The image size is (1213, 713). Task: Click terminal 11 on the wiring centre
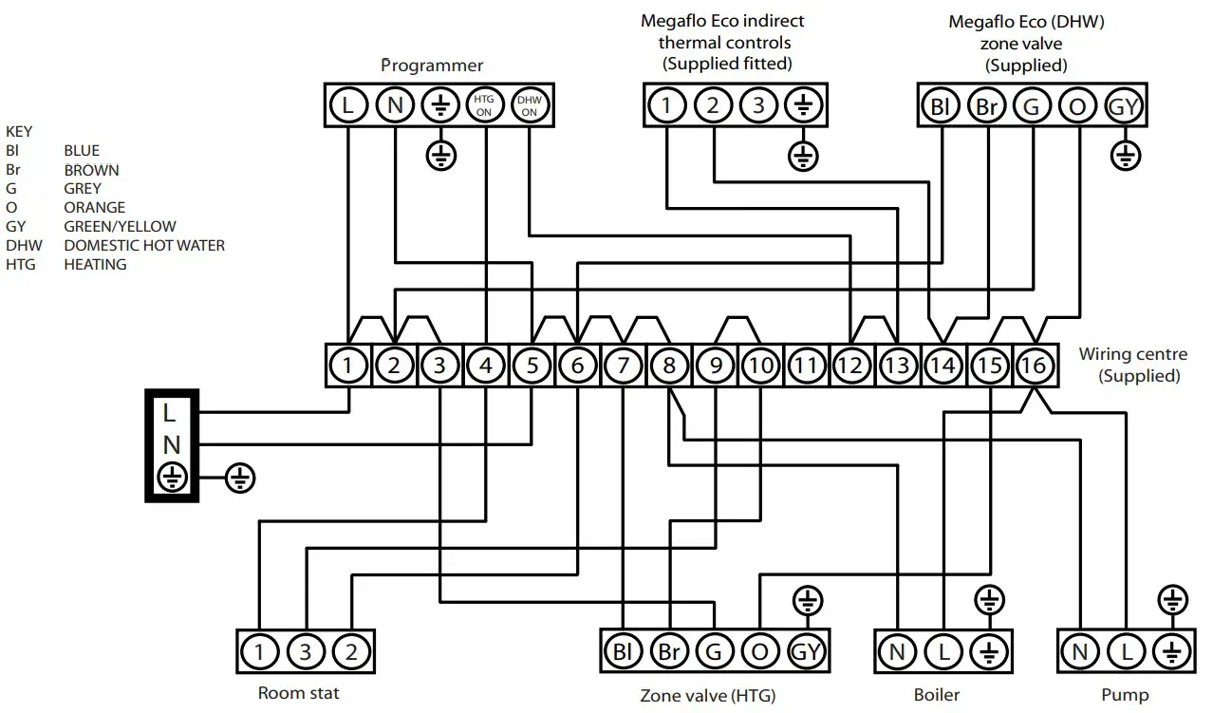(805, 365)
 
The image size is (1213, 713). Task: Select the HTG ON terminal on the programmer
(486, 104)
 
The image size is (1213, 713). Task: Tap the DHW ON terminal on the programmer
(530, 104)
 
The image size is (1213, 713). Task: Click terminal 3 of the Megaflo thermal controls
(757, 104)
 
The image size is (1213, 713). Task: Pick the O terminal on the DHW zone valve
(1077, 106)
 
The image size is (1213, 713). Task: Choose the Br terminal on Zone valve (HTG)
(667, 652)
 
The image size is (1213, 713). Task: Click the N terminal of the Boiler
(897, 652)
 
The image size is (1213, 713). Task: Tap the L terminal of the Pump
(1127, 652)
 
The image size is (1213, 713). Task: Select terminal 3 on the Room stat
(306, 652)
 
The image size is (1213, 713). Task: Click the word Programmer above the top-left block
(432, 66)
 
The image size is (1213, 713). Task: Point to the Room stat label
(298, 693)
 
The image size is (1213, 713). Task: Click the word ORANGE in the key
(94, 207)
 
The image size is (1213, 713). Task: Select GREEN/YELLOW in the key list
(120, 226)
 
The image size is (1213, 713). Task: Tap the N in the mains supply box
(170, 444)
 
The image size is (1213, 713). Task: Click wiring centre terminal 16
(1035, 365)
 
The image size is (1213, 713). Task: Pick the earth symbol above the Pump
(1173, 600)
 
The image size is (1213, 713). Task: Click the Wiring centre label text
(1132, 354)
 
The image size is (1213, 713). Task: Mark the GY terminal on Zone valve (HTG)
(806, 652)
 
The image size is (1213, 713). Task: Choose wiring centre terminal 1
(348, 365)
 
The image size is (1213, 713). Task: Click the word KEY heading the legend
(19, 131)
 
